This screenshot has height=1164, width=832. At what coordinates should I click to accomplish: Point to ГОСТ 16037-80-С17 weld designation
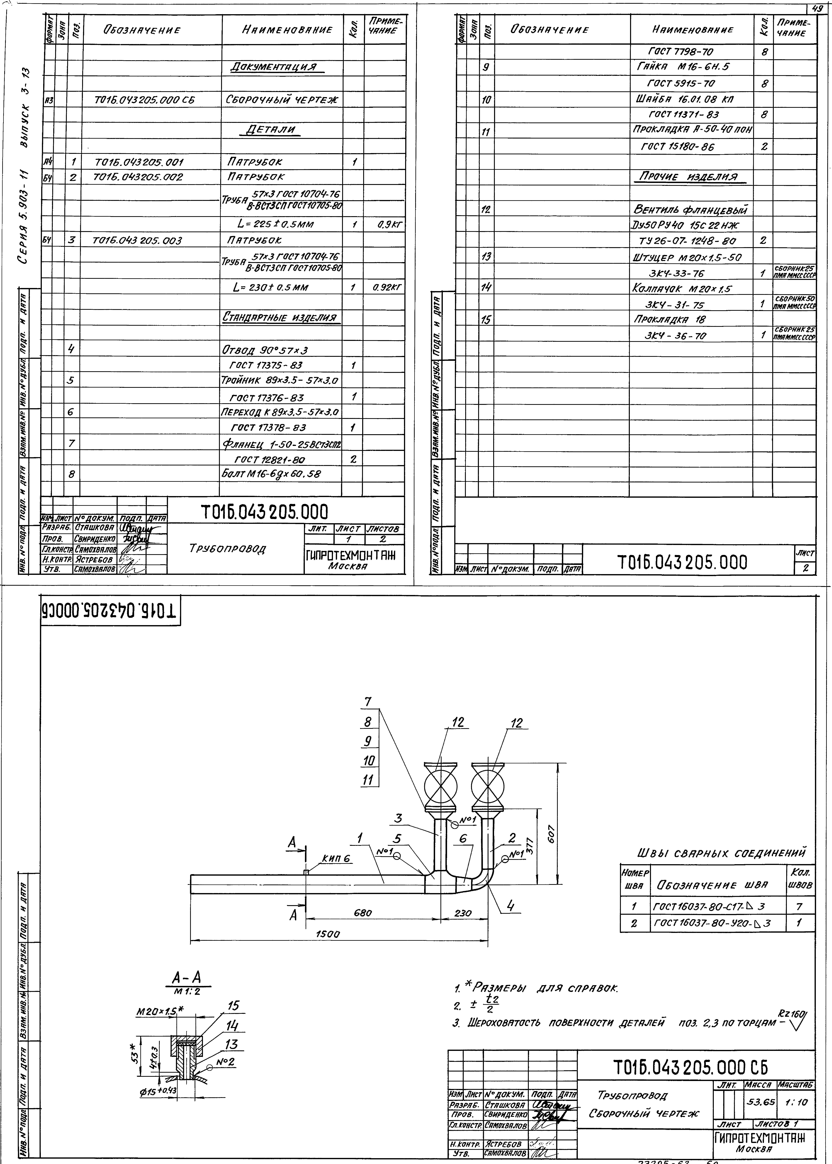(x=710, y=906)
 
